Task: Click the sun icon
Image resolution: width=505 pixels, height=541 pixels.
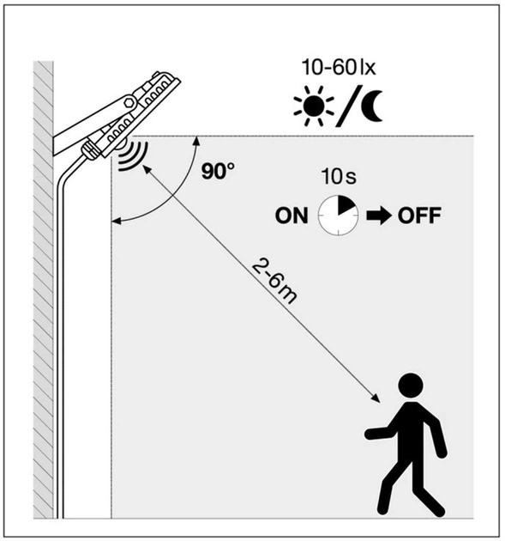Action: (314, 106)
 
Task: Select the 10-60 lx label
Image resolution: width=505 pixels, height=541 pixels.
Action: (339, 67)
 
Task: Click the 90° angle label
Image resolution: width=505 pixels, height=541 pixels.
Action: (218, 171)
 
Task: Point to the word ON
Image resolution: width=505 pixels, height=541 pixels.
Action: (292, 216)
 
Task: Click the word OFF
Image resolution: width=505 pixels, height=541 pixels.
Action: (419, 216)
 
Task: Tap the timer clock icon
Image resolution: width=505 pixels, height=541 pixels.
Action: (338, 216)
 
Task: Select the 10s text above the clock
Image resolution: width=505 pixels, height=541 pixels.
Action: (339, 176)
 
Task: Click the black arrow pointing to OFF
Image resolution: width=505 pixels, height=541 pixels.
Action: (379, 216)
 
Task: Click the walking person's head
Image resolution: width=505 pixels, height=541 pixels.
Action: (411, 386)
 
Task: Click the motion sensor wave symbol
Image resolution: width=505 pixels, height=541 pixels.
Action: (133, 156)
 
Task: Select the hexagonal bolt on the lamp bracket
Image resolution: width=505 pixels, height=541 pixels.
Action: (129, 102)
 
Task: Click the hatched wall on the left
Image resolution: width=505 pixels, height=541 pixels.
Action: (43, 289)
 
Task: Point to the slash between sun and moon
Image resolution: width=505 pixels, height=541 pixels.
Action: (349, 106)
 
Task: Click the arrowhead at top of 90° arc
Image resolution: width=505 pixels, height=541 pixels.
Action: (196, 140)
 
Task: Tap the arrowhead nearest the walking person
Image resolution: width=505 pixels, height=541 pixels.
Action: (376, 398)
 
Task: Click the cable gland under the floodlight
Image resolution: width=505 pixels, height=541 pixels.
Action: (90, 151)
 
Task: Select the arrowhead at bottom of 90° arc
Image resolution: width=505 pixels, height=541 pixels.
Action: (117, 222)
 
